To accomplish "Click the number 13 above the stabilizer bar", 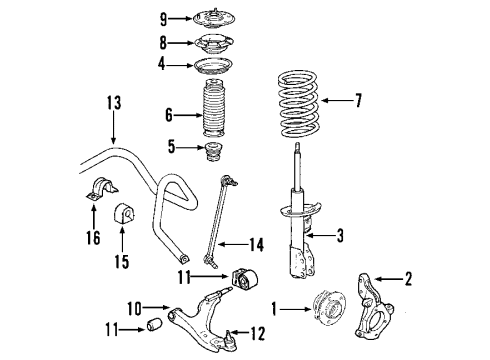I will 113,102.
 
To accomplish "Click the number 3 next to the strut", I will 342,236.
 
